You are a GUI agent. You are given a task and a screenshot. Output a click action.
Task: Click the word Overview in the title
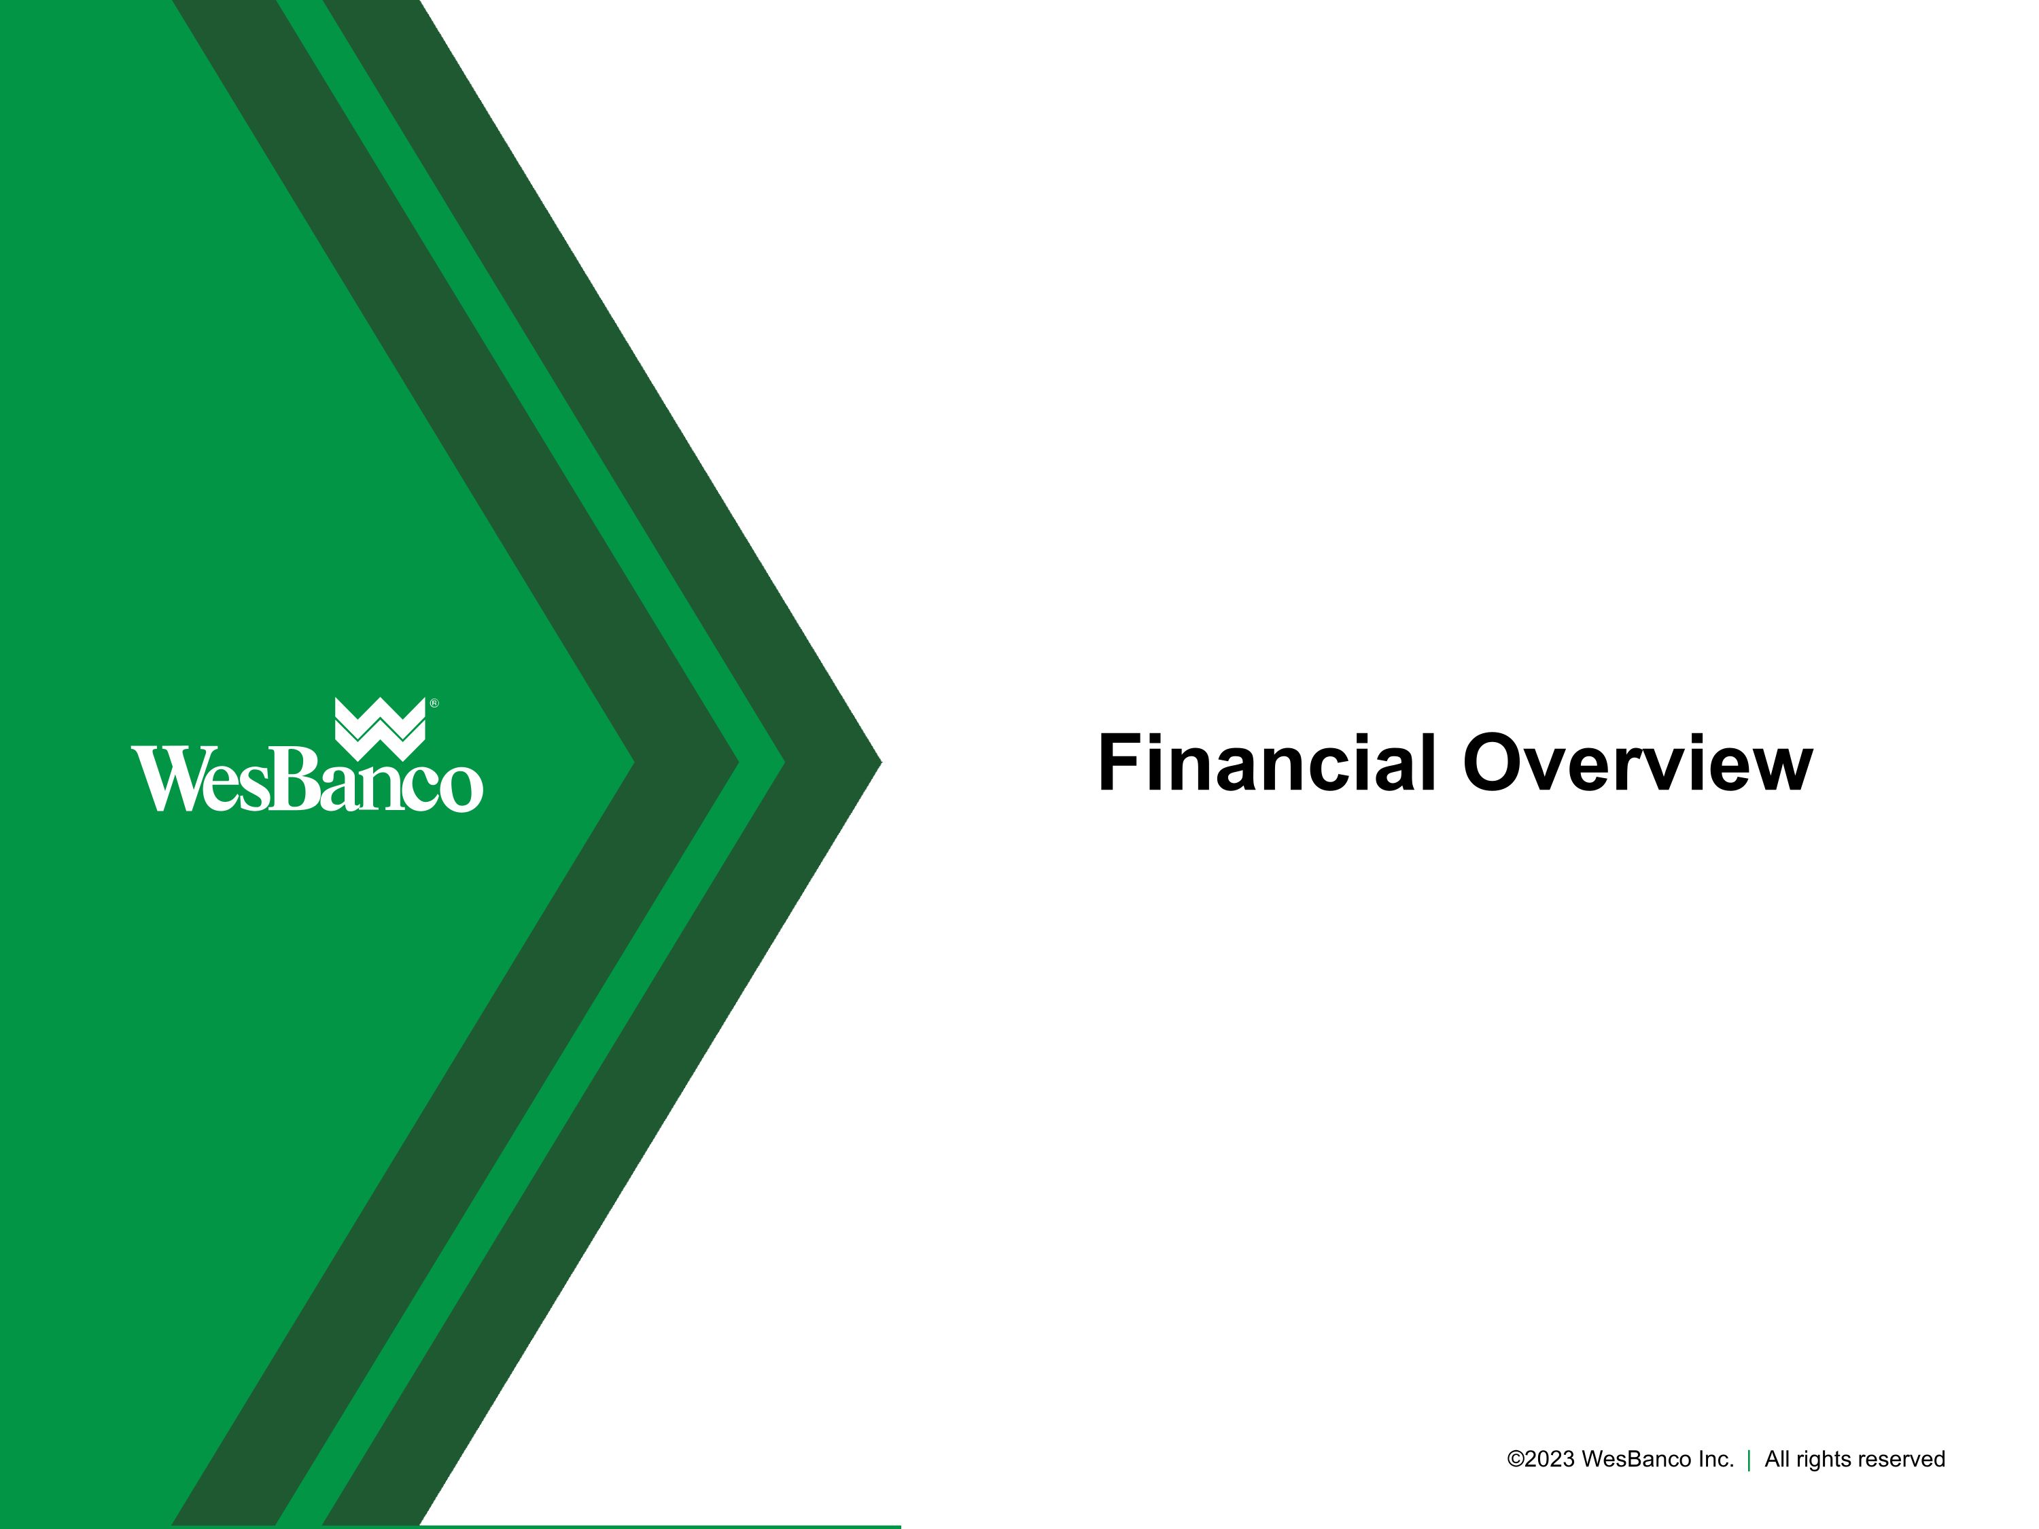point(1637,763)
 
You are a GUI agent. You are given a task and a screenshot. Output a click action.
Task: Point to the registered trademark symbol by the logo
point(435,703)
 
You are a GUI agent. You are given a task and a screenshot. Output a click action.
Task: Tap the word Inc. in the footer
point(1715,1459)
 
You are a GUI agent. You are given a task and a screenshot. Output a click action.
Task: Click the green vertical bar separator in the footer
point(1749,1460)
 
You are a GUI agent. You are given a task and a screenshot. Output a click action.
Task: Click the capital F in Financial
point(1118,763)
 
